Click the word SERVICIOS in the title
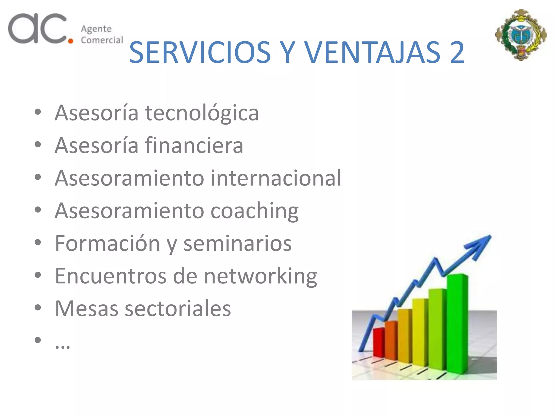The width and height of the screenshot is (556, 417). (200, 52)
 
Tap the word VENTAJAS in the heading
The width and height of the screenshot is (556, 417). (372, 52)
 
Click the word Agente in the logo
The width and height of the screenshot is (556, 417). (96, 29)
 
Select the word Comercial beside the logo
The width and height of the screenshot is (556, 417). (102, 40)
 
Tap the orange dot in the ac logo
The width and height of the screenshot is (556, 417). (71, 41)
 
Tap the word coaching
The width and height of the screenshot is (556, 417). (254, 211)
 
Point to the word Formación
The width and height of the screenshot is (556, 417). (108, 243)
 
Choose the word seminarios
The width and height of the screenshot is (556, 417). (237, 243)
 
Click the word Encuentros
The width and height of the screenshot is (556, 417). (110, 276)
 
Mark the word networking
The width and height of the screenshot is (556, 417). (260, 276)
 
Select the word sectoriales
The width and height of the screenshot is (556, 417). (178, 309)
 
